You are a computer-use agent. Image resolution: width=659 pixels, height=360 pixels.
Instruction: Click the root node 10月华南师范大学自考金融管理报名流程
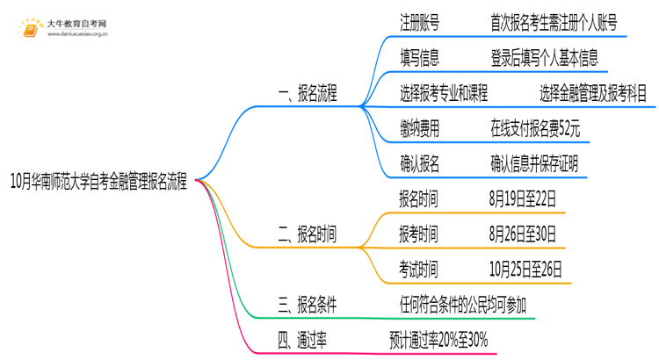pos(98,183)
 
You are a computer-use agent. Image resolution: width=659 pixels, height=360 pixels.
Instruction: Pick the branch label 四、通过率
pos(302,340)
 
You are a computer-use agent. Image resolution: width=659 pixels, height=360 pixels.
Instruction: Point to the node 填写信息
pos(419,59)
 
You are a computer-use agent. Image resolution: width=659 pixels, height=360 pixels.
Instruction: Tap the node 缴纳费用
pos(419,129)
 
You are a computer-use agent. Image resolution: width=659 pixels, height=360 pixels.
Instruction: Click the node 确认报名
pos(419,164)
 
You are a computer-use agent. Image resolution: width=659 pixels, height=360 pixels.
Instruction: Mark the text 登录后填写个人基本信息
pos(545,59)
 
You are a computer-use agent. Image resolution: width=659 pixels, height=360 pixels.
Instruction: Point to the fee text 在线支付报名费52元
pos(535,129)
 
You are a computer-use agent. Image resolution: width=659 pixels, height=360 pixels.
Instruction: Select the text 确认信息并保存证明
pos(534,164)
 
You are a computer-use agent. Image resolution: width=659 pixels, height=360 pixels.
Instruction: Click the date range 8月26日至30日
pos(523,234)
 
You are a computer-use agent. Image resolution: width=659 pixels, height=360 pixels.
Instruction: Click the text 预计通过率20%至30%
pos(438,340)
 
